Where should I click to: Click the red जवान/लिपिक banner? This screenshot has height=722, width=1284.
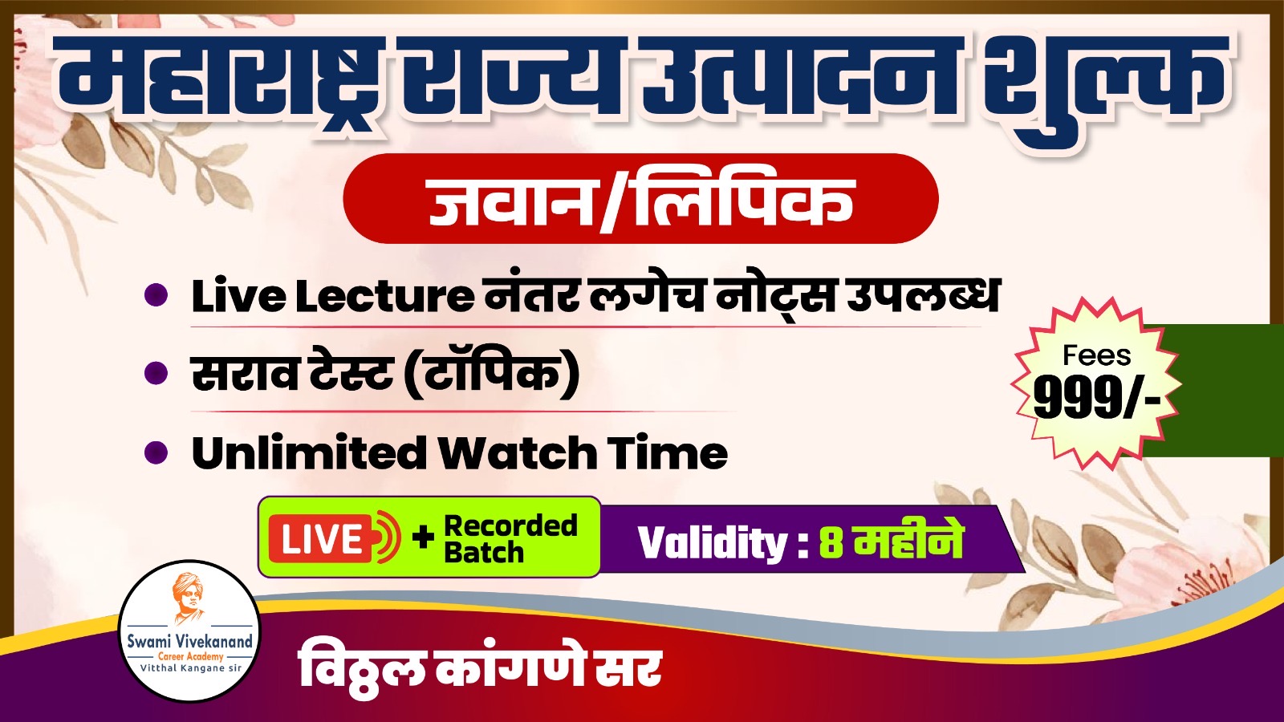point(640,198)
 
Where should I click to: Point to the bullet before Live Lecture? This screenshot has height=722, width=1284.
point(156,296)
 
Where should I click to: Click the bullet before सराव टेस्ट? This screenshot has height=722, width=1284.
point(156,374)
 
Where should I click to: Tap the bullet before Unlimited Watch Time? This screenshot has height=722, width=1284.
point(156,452)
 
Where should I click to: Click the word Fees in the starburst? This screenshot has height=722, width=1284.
point(1096,355)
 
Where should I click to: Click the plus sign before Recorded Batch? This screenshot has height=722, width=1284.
point(422,538)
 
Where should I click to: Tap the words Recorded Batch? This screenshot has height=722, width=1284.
point(510,538)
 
